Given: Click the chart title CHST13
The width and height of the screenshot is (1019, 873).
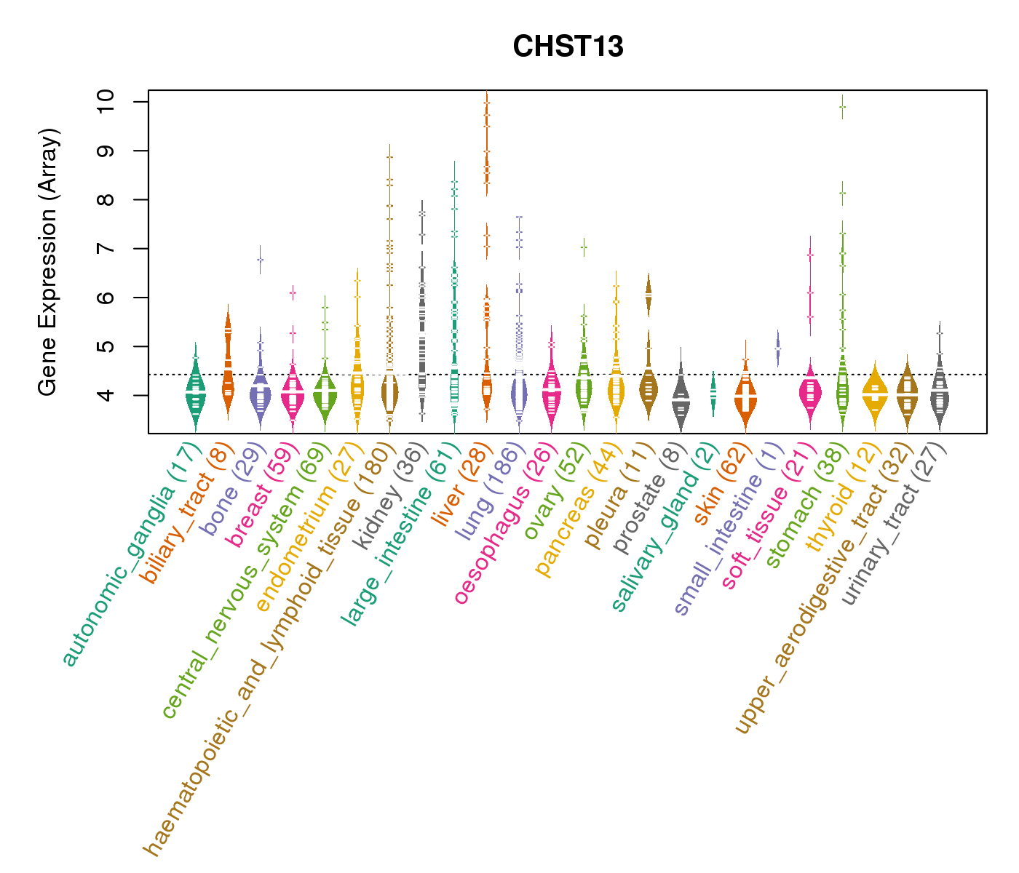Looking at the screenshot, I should point(568,47).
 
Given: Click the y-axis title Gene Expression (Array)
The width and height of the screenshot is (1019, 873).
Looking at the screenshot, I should point(48,262).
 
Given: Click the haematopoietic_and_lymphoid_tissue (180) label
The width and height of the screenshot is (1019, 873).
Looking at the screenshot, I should point(269,647).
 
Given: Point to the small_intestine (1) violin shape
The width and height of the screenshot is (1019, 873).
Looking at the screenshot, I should point(778,348).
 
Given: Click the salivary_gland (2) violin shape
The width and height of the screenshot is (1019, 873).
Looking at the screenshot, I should point(713,394).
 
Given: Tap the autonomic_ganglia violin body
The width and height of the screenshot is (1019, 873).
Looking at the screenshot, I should point(195,393).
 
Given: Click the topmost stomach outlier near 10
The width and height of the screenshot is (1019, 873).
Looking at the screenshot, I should point(842,107).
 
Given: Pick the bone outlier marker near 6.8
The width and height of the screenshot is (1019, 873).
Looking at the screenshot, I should point(260,260).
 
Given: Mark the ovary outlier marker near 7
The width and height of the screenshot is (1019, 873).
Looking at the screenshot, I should point(584,248).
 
